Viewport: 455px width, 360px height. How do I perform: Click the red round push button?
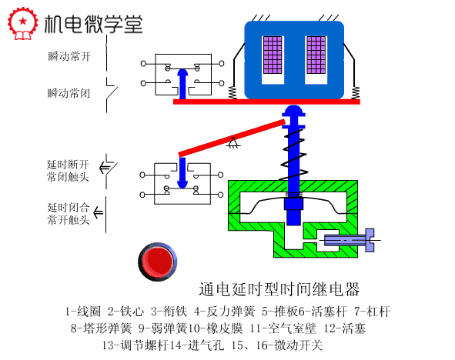click(157, 262)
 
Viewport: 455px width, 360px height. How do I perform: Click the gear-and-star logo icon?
click(22, 23)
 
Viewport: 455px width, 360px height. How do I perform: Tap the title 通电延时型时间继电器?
click(279, 289)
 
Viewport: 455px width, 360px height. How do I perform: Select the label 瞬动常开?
click(69, 56)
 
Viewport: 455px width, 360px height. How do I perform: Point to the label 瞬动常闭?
click(69, 93)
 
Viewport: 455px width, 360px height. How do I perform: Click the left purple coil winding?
click(273, 55)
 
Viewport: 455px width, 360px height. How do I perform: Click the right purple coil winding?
click(316, 55)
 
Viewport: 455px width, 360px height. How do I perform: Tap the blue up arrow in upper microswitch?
click(182, 84)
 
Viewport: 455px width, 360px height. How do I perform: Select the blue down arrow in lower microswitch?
click(182, 173)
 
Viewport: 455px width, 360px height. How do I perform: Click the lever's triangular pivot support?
click(233, 142)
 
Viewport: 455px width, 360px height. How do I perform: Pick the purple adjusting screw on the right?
click(349, 240)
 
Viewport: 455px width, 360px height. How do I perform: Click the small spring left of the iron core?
click(233, 93)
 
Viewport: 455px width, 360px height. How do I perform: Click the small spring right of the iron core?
click(356, 93)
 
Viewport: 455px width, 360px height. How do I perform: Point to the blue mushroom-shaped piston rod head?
click(294, 116)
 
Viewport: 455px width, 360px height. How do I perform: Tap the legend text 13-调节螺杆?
click(135, 345)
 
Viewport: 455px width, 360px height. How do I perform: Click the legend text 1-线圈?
click(82, 312)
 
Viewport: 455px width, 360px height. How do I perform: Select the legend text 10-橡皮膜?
click(216, 328)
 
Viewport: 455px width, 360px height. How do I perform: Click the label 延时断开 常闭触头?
click(68, 171)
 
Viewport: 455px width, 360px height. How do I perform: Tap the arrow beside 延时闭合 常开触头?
click(98, 213)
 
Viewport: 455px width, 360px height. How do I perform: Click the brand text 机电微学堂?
click(93, 24)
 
